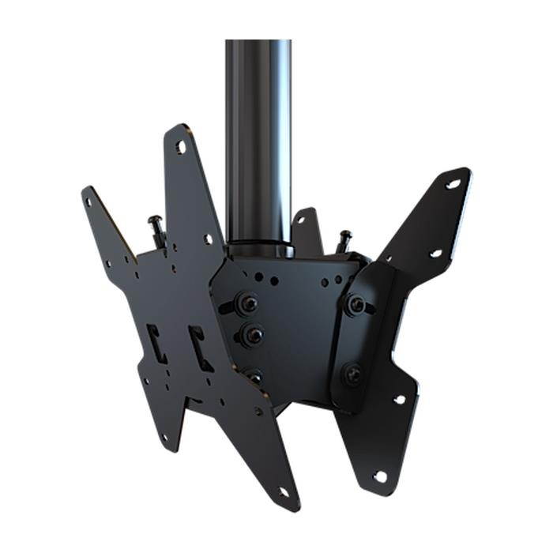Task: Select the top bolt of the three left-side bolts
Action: point(248,303)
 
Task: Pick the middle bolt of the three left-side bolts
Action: point(253,335)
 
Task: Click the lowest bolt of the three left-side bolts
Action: point(254,376)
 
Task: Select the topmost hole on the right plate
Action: point(452,184)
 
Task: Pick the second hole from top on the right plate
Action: point(434,253)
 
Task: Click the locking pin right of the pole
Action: point(344,239)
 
